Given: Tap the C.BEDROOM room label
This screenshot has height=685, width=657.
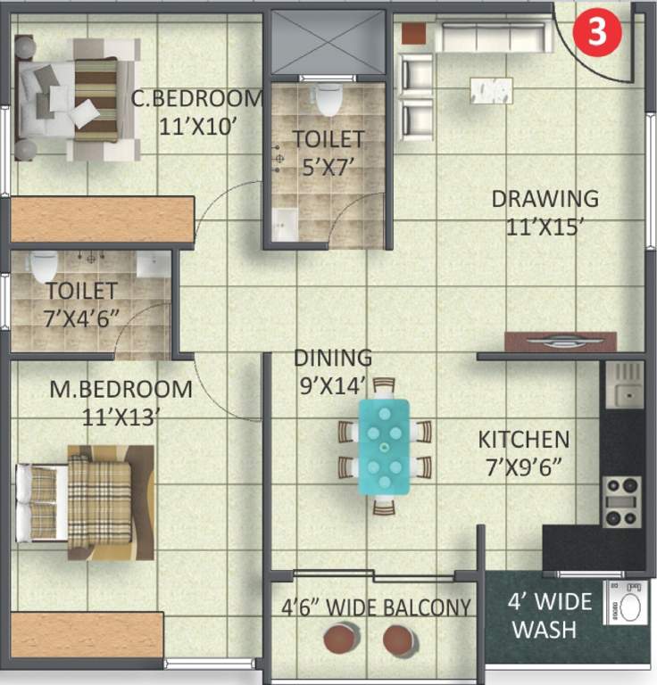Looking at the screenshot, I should (x=197, y=98).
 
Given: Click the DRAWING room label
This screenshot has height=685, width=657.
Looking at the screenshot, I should (x=545, y=198).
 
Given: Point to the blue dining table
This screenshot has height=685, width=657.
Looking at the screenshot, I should (x=385, y=446).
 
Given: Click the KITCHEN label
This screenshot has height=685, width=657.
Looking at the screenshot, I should (x=523, y=440).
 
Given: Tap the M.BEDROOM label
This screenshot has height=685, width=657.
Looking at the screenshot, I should (x=121, y=390).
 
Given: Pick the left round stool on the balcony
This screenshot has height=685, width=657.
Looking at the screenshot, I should (x=340, y=638).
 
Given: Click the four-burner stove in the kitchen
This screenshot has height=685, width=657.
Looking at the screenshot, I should (x=622, y=501).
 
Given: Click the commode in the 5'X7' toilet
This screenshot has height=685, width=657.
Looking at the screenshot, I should (x=328, y=99).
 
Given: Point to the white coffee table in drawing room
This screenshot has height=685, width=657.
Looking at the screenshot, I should (x=491, y=90).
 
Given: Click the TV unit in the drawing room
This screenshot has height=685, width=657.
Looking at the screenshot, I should (x=560, y=341).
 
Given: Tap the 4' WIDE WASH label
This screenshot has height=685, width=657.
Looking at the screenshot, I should (x=548, y=615).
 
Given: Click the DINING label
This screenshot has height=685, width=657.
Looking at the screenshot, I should (x=333, y=358).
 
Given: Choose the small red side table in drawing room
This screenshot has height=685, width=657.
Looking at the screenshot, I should (x=412, y=34).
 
